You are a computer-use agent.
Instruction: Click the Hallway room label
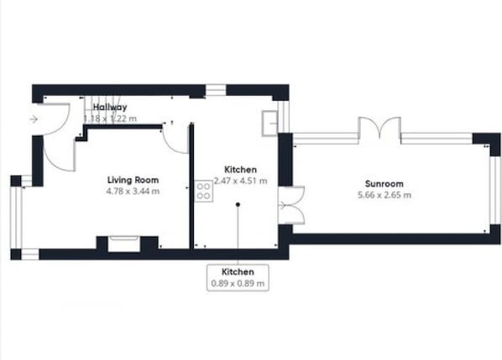click(x=110, y=107)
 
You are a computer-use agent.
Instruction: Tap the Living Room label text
click(x=133, y=180)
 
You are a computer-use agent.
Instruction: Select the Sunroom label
click(x=384, y=184)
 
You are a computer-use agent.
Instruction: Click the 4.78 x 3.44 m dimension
click(x=133, y=191)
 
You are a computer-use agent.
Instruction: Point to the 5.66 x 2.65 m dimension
click(x=384, y=196)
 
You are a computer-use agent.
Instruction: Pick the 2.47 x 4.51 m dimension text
click(x=240, y=180)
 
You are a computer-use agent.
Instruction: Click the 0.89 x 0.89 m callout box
click(x=238, y=278)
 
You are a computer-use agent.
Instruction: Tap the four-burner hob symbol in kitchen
click(x=202, y=190)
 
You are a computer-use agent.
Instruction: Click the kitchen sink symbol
click(x=269, y=123)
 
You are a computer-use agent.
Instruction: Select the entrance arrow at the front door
click(x=33, y=119)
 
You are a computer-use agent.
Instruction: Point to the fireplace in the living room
click(x=122, y=244)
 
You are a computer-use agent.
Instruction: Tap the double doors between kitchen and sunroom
click(x=290, y=205)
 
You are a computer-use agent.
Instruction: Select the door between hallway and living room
click(x=175, y=139)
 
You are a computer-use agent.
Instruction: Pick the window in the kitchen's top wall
click(x=216, y=90)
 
